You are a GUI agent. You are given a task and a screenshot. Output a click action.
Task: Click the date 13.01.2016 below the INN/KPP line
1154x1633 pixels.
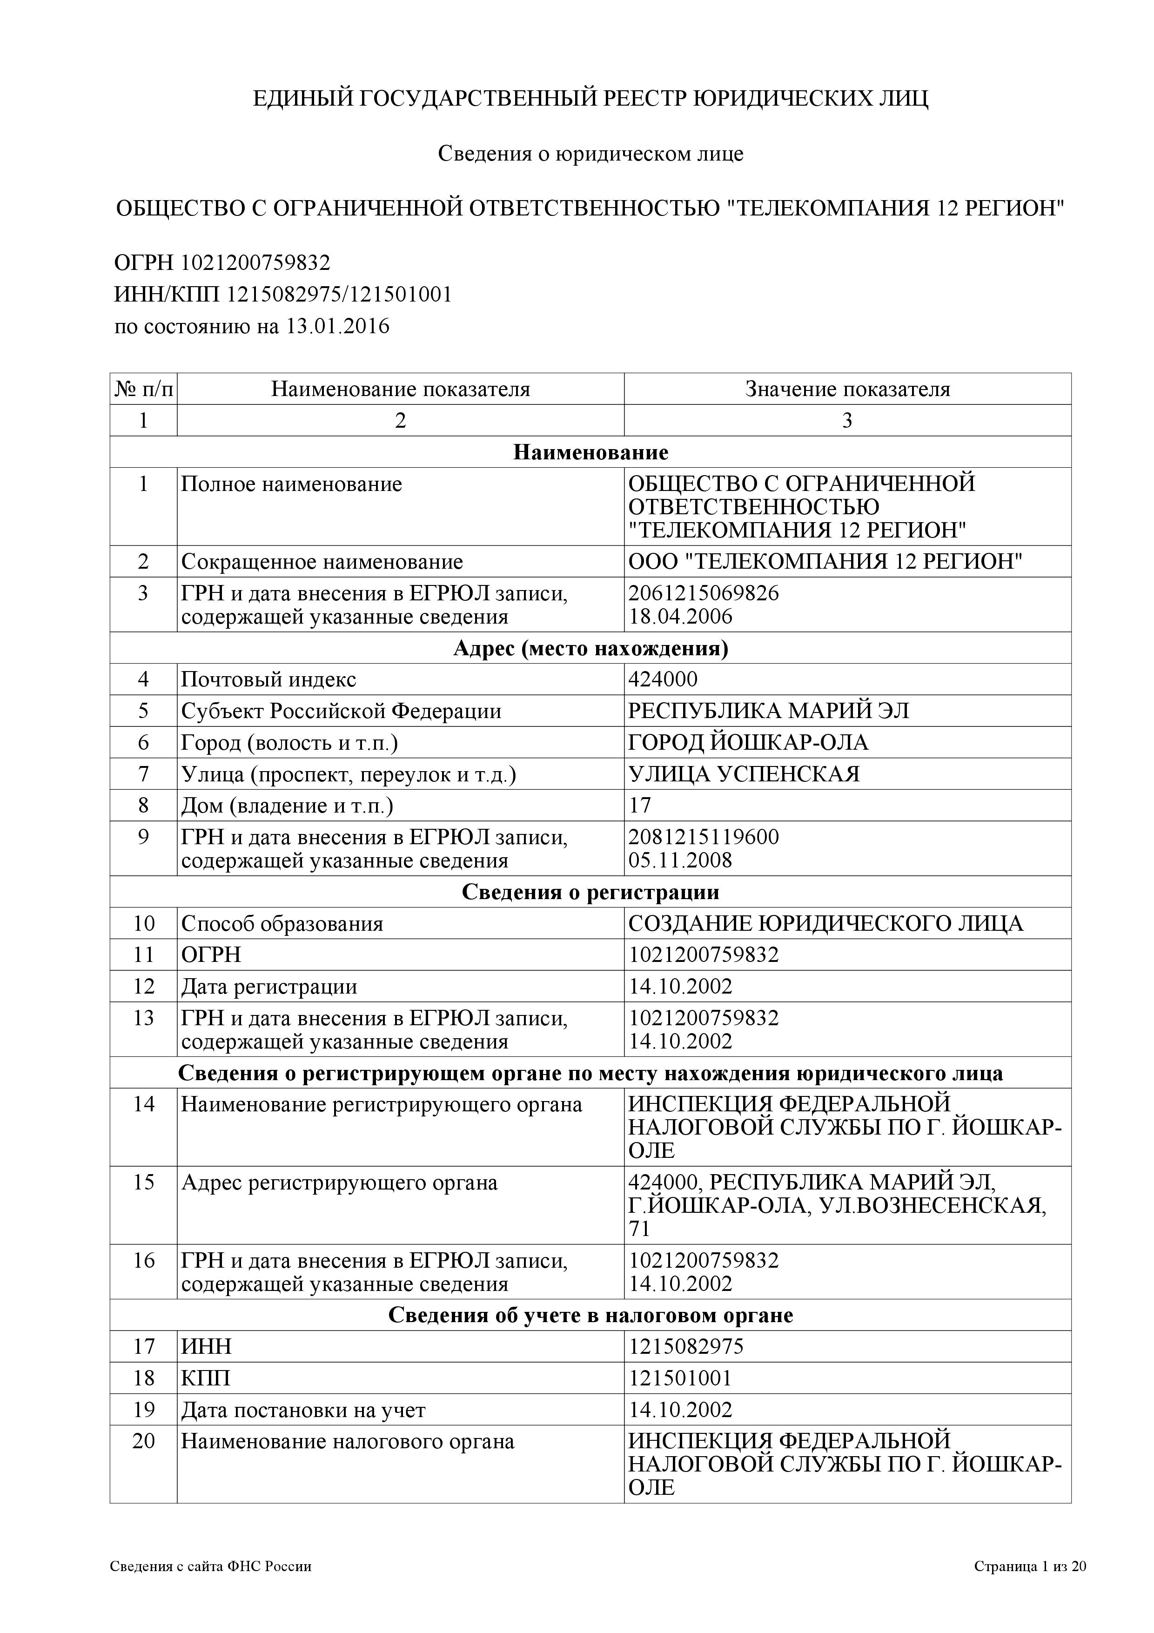[338, 326]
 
